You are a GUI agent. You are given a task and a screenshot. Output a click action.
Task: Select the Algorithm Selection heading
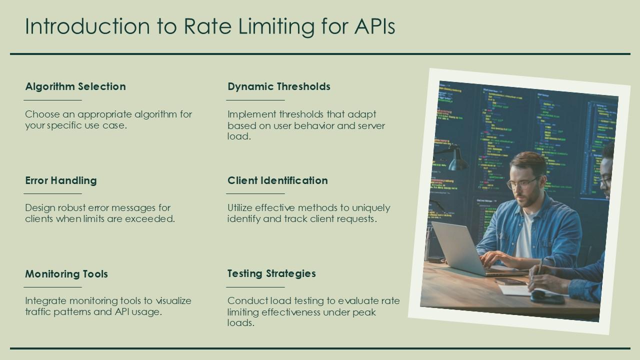point(75,86)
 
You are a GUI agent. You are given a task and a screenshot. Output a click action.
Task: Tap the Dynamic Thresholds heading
point(279,86)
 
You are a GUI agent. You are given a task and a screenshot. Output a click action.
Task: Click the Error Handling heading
point(61,180)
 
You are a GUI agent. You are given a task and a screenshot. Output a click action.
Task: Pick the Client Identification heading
point(277,180)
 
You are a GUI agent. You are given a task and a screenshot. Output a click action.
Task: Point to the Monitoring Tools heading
point(66,274)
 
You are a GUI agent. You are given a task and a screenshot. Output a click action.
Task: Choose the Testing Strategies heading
point(271,273)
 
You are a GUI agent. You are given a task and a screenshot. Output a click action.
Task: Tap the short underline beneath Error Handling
point(53,193)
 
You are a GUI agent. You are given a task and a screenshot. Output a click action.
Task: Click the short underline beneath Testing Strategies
point(255,287)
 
